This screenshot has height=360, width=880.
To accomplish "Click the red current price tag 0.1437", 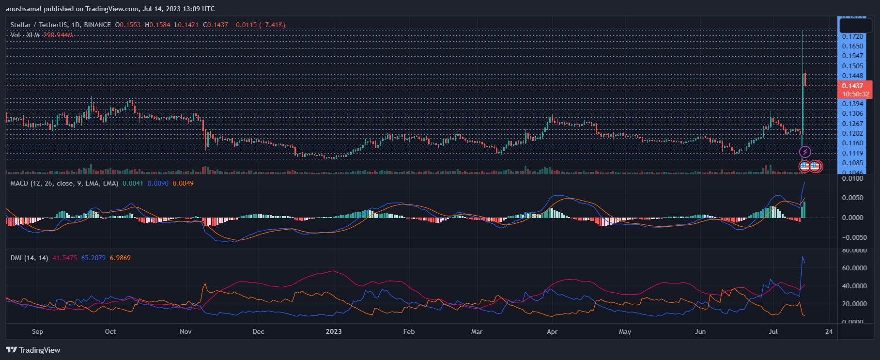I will (852, 86).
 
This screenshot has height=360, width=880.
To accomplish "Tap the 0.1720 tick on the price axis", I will (852, 36).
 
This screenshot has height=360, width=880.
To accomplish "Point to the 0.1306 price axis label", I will (852, 113).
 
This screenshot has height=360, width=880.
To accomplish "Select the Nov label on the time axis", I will (185, 331).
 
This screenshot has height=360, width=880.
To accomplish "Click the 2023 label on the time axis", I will (334, 331).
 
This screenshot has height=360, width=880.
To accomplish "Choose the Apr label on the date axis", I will (552, 331).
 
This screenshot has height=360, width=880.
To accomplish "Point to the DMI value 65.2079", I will (93, 258).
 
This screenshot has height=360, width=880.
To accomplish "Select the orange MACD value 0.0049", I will (183, 183).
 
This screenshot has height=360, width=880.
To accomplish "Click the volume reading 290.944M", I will (58, 35).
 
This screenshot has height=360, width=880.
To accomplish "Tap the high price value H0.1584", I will (157, 25).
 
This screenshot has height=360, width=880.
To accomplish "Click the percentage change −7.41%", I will (272, 25).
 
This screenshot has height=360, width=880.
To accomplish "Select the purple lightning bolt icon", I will (805, 152).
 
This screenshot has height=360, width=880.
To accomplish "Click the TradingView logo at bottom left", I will (33, 350).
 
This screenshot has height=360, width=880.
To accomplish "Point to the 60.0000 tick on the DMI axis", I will (854, 268).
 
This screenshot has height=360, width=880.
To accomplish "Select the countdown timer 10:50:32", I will (855, 94).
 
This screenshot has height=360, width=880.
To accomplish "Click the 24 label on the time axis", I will (829, 331).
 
